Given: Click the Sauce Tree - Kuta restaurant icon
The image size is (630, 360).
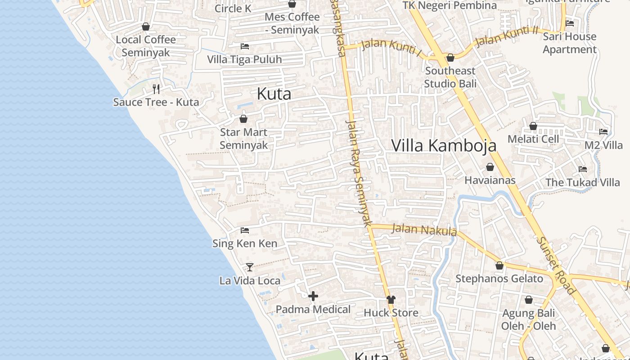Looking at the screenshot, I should click(156, 89).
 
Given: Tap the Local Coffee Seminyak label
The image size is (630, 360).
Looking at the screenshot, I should click(146, 46).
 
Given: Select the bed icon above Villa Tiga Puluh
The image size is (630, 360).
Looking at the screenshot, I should click(245, 46).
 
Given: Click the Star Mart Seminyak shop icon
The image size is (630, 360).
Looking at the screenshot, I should click(243, 119).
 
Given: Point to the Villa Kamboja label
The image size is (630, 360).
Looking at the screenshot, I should click(444, 145).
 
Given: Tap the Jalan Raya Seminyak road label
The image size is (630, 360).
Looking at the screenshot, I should click(359, 173).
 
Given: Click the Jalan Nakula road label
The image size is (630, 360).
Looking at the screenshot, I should click(424, 229).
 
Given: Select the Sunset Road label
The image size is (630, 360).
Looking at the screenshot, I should click(556, 265).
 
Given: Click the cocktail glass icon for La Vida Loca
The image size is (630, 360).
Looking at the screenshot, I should click(250, 267).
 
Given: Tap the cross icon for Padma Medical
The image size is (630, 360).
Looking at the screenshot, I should click(313, 296).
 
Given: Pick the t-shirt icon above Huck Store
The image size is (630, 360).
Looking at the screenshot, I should click(391, 299).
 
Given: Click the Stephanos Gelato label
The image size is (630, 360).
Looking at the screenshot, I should click(499, 279).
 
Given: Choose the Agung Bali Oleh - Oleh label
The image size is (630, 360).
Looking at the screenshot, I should click(529, 319).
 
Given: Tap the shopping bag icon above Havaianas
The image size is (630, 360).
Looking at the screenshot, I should click(490, 167).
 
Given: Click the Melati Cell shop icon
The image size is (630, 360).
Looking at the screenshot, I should click(533, 126).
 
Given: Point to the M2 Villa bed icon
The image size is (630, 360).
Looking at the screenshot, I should click(603, 132).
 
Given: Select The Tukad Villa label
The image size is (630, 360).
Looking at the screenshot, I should click(583, 182).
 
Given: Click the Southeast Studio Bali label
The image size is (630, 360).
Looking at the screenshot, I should click(450, 77).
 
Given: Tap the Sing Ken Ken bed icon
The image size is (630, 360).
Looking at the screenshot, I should click(245, 230).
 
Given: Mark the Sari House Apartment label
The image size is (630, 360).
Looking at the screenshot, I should click(570, 43).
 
